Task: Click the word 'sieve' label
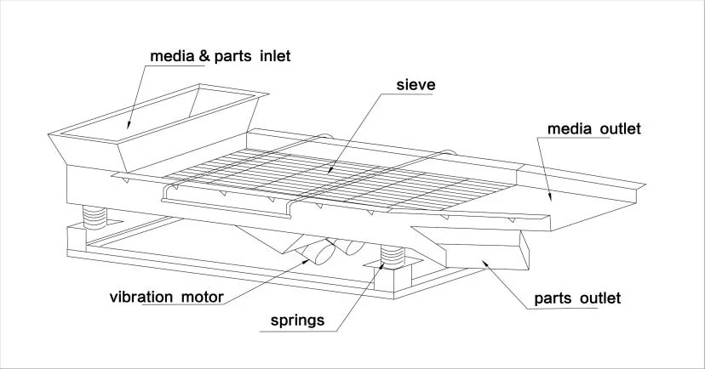416,85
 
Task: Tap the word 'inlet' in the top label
275,56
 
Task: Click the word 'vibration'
140,298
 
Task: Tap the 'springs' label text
297,321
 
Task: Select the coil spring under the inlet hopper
95,217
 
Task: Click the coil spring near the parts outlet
392,257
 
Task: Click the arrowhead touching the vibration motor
307,260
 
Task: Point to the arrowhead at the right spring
381,266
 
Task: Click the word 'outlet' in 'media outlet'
621,129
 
